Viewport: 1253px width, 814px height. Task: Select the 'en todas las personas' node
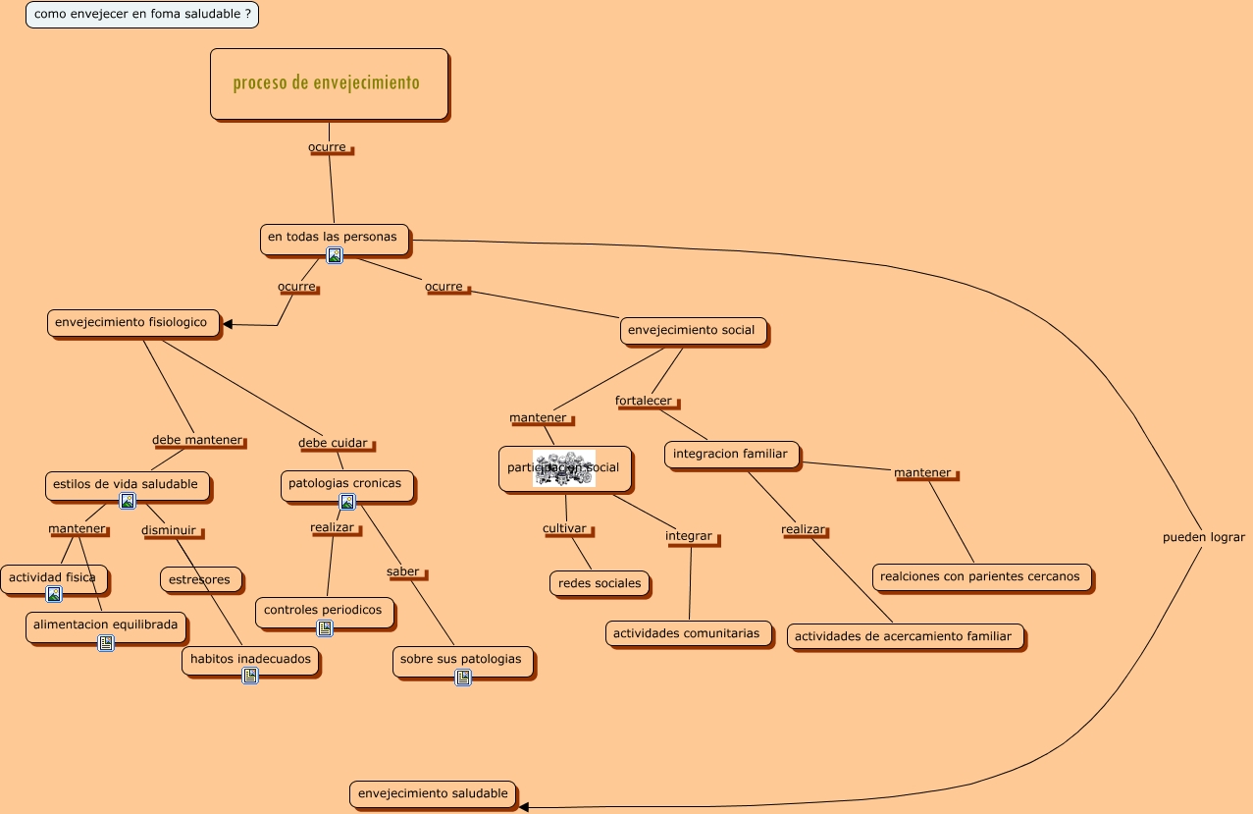[334, 237]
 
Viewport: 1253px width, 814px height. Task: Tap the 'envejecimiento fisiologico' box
[132, 322]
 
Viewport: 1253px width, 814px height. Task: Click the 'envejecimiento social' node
[693, 330]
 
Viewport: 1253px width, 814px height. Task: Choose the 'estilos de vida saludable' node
[127, 484]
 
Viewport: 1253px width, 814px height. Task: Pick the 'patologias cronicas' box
[345, 484]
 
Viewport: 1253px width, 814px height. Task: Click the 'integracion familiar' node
[731, 454]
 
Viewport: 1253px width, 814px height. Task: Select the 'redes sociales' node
[600, 583]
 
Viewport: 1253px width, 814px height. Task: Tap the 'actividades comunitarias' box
[687, 633]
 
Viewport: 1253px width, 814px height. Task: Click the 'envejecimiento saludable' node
[433, 793]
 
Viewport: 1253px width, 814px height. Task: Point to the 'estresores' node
[200, 579]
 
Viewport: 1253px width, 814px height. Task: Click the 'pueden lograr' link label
[1204, 537]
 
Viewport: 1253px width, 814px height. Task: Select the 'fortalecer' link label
[644, 401]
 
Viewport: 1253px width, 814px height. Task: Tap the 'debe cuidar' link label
[334, 443]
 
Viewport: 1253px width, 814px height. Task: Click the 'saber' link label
[403, 571]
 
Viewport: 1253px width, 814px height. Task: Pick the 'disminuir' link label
[169, 530]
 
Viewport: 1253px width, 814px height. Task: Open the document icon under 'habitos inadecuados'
[250, 676]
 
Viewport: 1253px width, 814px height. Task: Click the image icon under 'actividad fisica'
[54, 594]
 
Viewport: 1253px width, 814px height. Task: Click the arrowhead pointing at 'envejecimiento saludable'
[524, 807]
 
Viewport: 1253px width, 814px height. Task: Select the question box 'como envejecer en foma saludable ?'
[142, 15]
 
